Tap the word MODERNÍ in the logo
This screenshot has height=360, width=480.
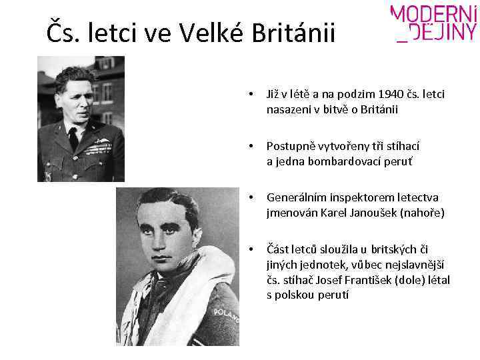click(x=434, y=13)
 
